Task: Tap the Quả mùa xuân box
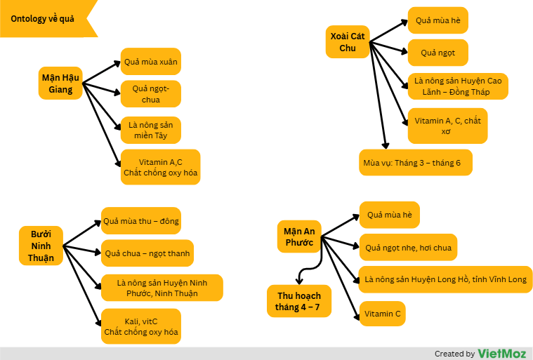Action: (x=151, y=62)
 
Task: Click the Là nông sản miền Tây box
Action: (x=151, y=130)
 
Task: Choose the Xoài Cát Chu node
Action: (x=348, y=42)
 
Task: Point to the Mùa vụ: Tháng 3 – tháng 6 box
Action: (x=415, y=163)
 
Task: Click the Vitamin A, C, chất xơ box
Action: (x=447, y=126)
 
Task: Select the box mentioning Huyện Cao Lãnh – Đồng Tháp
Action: (x=458, y=86)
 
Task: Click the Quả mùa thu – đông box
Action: (x=141, y=221)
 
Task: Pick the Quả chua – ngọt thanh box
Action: (x=147, y=253)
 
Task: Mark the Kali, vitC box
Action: (x=141, y=326)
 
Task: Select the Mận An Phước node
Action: (x=299, y=236)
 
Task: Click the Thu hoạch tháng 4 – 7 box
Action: (x=299, y=301)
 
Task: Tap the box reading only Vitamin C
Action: (x=383, y=314)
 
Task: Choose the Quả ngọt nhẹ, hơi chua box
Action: (x=408, y=247)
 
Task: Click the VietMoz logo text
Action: (x=502, y=353)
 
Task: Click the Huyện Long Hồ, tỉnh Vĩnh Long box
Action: (x=445, y=279)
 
